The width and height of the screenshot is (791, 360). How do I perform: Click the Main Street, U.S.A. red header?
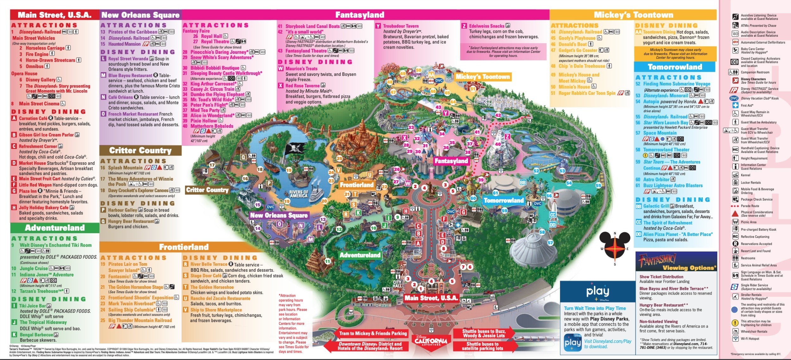tap(54, 15)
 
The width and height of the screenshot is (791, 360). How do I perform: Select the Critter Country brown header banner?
tap(140, 150)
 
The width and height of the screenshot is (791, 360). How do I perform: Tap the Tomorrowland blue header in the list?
tap(675, 67)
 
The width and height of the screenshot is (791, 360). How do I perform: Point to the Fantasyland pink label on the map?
tap(451, 161)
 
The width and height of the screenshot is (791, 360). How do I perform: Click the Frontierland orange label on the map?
tap(357, 185)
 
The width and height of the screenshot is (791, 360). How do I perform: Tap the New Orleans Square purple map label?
tap(279, 215)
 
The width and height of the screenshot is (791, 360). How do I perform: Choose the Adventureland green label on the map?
tap(360, 255)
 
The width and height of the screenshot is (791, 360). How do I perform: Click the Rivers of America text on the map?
tap(298, 194)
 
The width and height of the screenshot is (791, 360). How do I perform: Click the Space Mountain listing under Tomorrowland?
tap(660, 133)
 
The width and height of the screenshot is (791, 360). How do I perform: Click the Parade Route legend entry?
tap(750, 206)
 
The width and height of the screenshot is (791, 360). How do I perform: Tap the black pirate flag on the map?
tap(296, 148)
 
